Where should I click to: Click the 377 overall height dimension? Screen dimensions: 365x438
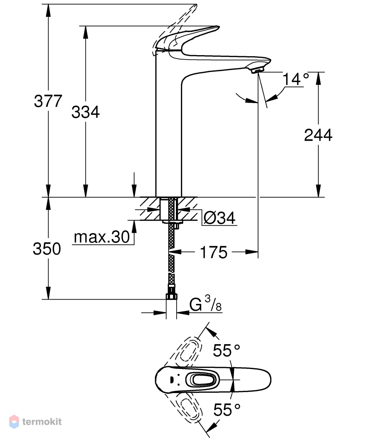(48, 101)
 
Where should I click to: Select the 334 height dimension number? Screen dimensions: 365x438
(85, 112)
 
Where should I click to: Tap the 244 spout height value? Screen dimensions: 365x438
(318, 135)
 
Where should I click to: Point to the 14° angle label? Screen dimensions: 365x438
(296, 79)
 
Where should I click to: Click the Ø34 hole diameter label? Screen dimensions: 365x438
(219, 218)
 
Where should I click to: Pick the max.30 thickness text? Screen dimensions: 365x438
(102, 237)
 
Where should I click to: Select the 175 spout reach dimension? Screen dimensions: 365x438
(214, 252)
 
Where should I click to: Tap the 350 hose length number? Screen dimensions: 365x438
(47, 249)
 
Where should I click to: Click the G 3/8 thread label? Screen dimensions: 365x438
(205, 304)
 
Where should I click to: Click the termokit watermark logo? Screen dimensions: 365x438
(35, 422)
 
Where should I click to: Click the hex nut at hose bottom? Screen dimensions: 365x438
(171, 296)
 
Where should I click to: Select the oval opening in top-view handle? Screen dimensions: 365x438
(203, 380)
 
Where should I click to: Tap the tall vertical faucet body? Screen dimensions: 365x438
(169, 126)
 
